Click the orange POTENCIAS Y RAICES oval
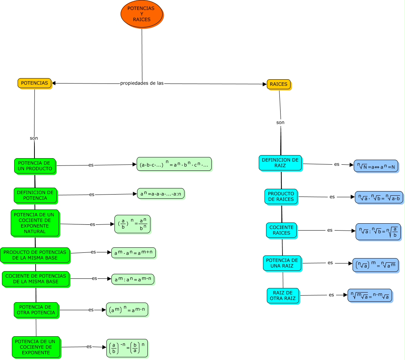pyautogui.click(x=142, y=14)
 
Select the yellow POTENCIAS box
pyautogui.click(x=34, y=83)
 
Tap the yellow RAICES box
pyautogui.click(x=279, y=84)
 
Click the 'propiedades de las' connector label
pyautogui.click(x=142, y=83)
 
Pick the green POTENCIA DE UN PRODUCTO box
pyautogui.click(x=35, y=166)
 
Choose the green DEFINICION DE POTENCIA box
pyautogui.click(x=35, y=195)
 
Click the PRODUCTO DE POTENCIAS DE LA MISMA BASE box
pyautogui.click(x=35, y=255)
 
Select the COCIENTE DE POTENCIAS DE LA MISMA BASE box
pyautogui.click(x=36, y=279)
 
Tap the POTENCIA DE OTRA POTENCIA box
pyautogui.click(x=36, y=310)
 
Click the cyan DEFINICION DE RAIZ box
pyautogui.click(x=280, y=163)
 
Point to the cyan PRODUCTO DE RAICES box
pyautogui.click(x=281, y=196)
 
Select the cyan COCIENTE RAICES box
pyautogui.click(x=281, y=230)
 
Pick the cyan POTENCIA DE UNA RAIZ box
pyautogui.click(x=282, y=263)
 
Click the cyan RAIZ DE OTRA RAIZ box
pyautogui.click(x=283, y=296)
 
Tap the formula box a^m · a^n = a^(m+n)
pyautogui.click(x=134, y=253)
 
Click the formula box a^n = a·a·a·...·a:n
pyautogui.click(x=161, y=194)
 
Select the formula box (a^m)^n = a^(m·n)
pyautogui.click(x=127, y=309)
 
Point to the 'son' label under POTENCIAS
pyautogui.click(x=34, y=138)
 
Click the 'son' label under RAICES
pyautogui.click(x=280, y=123)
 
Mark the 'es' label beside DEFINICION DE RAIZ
pyautogui.click(x=337, y=164)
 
